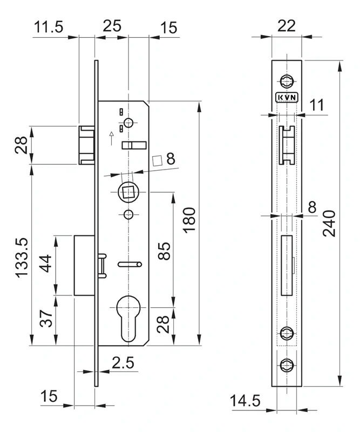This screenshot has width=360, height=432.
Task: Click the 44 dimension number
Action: pyautogui.click(x=46, y=266)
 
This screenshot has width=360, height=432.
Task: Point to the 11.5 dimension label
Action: pyautogui.click(x=49, y=26)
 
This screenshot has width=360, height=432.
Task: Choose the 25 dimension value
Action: pyautogui.click(x=113, y=25)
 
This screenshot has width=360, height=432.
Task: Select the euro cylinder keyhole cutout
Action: pyautogui.click(x=129, y=316)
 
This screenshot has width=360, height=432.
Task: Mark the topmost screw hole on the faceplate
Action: pyautogui.click(x=286, y=81)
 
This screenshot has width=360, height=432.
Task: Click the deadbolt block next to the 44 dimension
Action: pyautogui.click(x=84, y=265)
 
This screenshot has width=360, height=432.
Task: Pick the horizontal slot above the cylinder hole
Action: pyautogui.click(x=130, y=264)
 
